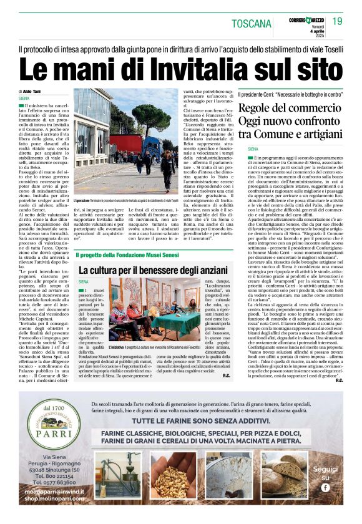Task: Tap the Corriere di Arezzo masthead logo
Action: pyautogui.click(x=306, y=20)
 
